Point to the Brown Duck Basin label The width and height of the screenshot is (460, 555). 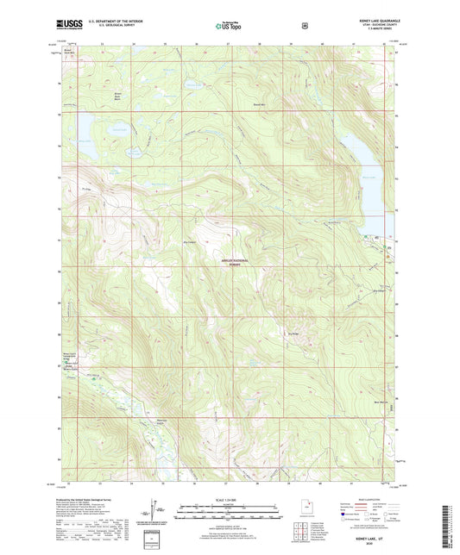[x=119, y=92]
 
